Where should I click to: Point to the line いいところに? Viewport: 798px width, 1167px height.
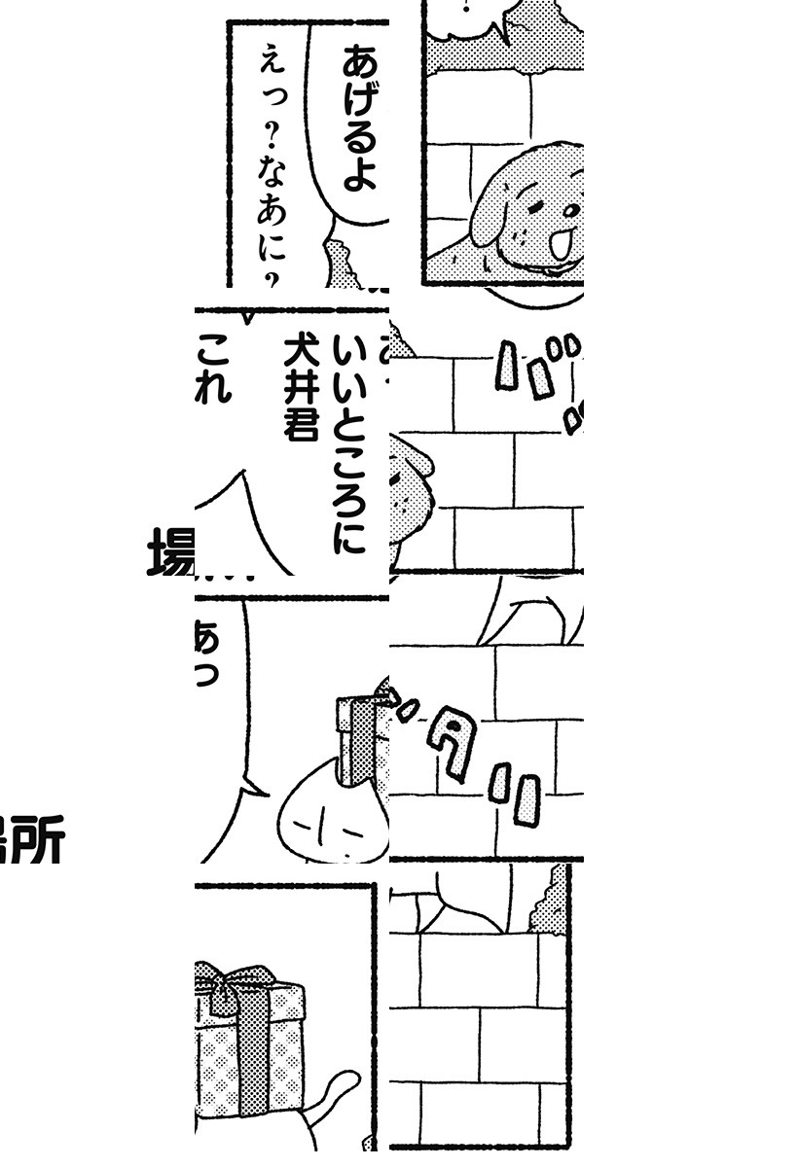348,442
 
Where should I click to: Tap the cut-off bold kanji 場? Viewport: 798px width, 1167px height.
171,552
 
